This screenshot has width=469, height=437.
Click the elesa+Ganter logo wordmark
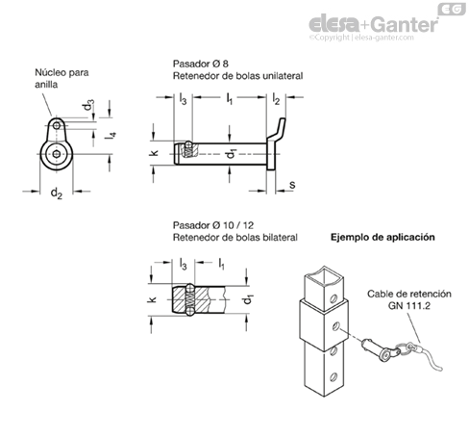tap(373, 24)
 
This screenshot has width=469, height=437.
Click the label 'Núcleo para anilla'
tap(62, 78)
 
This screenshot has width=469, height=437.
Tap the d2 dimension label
tap(57, 193)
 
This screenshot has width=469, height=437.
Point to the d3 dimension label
tap(88, 105)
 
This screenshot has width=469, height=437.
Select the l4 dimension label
tap(111, 136)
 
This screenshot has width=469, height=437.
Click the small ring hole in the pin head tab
tap(57, 125)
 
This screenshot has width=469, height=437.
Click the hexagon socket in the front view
tap(57, 154)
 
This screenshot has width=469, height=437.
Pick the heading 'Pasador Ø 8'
tap(201, 64)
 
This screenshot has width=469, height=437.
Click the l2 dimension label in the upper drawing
tap(276, 99)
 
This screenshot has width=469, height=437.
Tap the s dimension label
tap(292, 185)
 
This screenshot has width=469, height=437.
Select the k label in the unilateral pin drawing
tap(154, 153)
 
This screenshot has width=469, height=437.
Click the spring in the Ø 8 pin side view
tap(189, 151)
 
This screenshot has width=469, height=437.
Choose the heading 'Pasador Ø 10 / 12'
tap(213, 225)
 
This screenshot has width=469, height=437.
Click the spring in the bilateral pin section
tap(190, 299)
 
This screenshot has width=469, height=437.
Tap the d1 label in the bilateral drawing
tap(248, 299)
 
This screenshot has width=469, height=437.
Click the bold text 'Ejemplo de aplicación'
tap(383, 238)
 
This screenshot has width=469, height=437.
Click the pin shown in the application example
tap(380, 349)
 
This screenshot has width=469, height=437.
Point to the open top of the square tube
tap(324, 277)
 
